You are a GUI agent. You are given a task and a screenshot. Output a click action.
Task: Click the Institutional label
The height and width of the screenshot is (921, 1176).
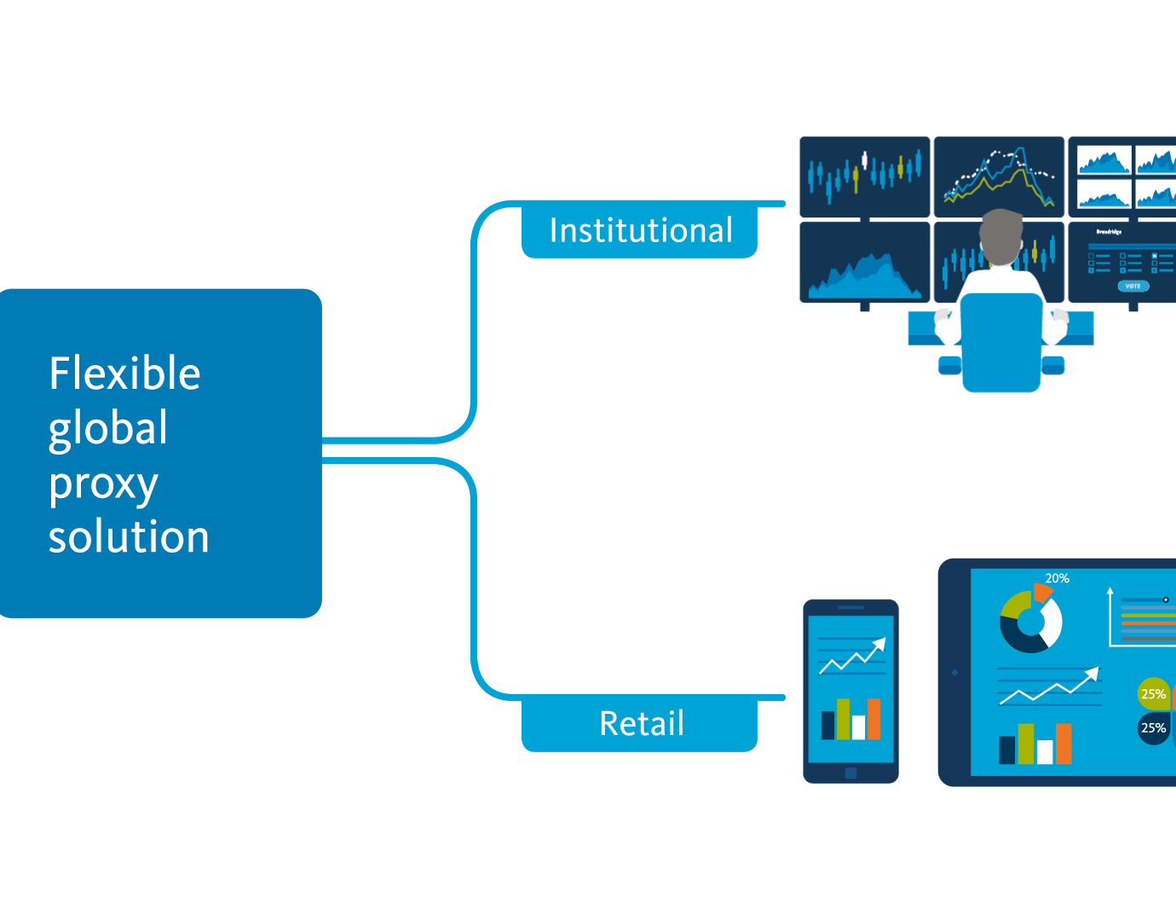pyautogui.click(x=640, y=230)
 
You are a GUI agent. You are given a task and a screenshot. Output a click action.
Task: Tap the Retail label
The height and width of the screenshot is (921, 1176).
pyautogui.click(x=641, y=723)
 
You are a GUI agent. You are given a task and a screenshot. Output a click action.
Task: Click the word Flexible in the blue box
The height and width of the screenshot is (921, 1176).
pyautogui.click(x=124, y=374)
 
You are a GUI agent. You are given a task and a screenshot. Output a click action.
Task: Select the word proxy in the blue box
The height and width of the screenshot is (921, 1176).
pyautogui.click(x=103, y=484)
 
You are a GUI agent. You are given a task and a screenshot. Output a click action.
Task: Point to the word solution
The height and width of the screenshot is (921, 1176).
pyautogui.click(x=129, y=537)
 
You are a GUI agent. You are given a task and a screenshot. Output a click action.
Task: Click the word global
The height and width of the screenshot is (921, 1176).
pyautogui.click(x=108, y=428)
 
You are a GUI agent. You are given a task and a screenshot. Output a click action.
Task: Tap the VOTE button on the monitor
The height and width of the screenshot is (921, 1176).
pyautogui.click(x=1133, y=286)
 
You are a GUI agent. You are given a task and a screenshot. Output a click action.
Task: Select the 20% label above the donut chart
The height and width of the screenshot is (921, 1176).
pyautogui.click(x=1057, y=578)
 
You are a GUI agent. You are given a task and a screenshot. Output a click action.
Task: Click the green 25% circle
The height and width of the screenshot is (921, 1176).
pyautogui.click(x=1153, y=694)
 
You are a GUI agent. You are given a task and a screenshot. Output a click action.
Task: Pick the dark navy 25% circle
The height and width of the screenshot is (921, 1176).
pyautogui.click(x=1153, y=728)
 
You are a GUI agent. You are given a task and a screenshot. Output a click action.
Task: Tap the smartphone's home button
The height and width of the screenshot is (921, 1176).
pyautogui.click(x=850, y=773)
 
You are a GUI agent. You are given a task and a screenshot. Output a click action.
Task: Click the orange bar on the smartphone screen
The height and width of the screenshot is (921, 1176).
pyautogui.click(x=873, y=718)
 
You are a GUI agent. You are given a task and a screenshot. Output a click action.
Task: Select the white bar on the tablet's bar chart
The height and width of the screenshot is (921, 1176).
pyautogui.click(x=1044, y=751)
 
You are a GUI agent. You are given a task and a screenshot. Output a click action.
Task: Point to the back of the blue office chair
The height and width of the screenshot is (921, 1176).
pyautogui.click(x=1000, y=341)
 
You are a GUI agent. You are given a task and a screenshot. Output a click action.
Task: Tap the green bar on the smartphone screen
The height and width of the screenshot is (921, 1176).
pyautogui.click(x=843, y=718)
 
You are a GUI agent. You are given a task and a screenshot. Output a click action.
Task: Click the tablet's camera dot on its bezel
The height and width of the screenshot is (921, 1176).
pyautogui.click(x=954, y=673)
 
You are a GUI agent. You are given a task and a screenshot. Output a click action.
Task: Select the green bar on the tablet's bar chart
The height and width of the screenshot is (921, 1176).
pyautogui.click(x=1026, y=744)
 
